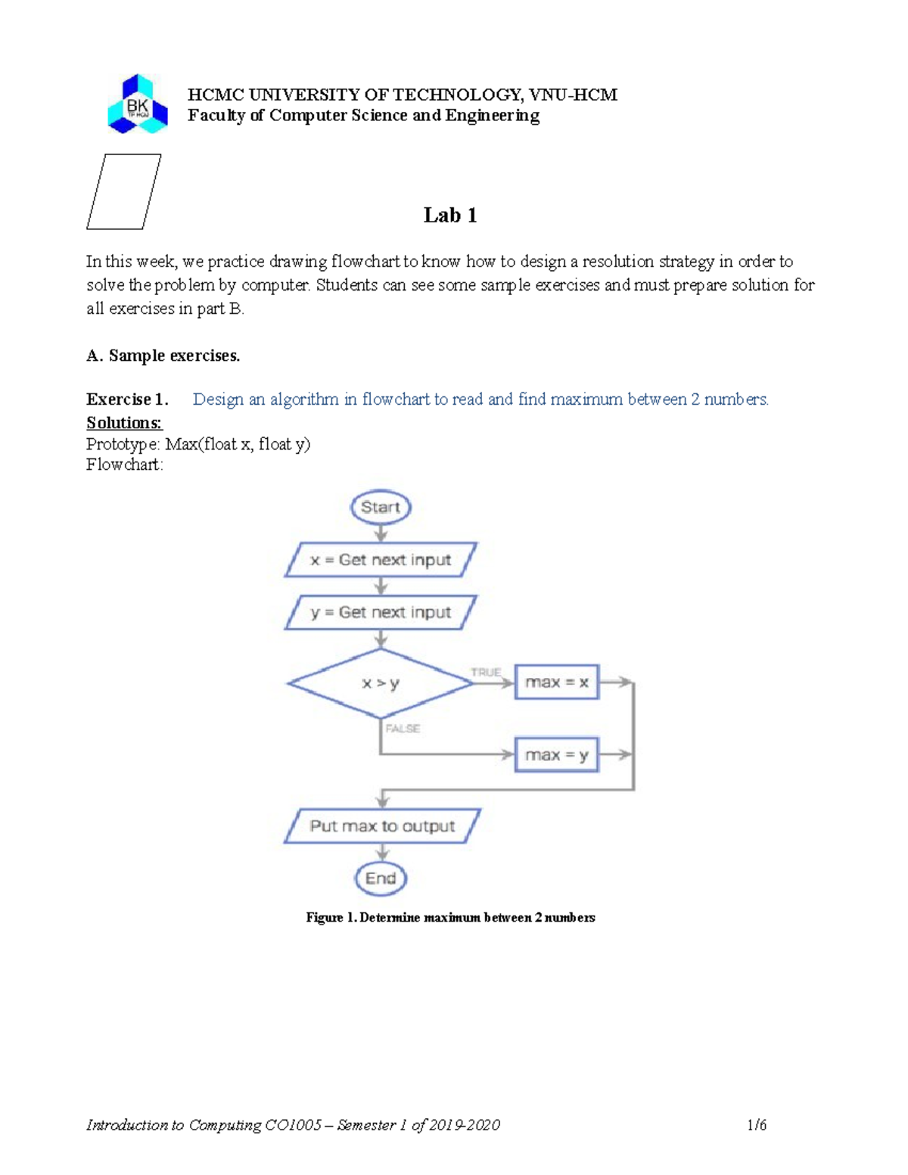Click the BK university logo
click(137, 104)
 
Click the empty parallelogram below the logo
click(124, 191)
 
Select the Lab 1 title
click(450, 216)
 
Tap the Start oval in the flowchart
click(381, 507)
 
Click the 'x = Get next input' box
click(381, 560)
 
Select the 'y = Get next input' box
click(381, 612)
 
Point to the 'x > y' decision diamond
click(381, 683)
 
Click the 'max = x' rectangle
click(557, 682)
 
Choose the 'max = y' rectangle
click(557, 755)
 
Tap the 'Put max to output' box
click(382, 826)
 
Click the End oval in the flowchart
click(381, 878)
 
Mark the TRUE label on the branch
click(486, 672)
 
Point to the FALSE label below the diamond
click(403, 729)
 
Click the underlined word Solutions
click(124, 422)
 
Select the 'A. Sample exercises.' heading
click(163, 356)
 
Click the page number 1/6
click(757, 1125)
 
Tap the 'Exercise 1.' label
click(126, 399)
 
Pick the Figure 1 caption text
click(450, 918)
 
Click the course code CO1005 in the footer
click(294, 1125)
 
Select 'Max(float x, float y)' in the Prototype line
click(238, 444)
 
